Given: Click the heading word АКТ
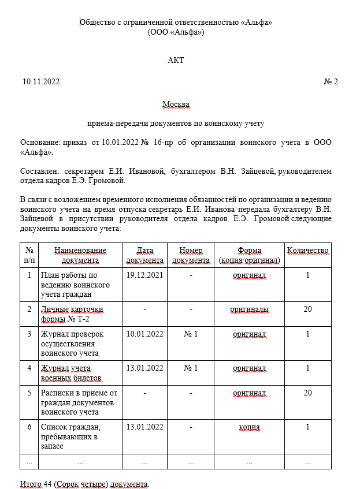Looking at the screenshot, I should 176,60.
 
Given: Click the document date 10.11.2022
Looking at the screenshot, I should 41,82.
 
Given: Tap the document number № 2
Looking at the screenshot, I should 331,82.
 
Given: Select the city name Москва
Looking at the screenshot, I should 176,104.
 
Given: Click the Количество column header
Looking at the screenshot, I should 307,251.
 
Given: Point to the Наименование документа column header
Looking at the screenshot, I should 80,255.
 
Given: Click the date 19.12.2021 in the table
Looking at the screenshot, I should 144,275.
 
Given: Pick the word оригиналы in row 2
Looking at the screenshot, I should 249,309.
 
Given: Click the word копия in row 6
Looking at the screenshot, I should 249,427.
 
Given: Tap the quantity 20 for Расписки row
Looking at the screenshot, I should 307,393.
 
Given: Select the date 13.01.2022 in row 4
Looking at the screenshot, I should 144,368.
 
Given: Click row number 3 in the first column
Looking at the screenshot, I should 29,334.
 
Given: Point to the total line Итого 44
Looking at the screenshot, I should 84,483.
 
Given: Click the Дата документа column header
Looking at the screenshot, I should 144,255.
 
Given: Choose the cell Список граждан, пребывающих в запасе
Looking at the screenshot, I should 70,436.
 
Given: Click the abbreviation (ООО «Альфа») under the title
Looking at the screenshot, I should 176,32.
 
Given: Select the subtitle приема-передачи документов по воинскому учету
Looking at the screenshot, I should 176,123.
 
